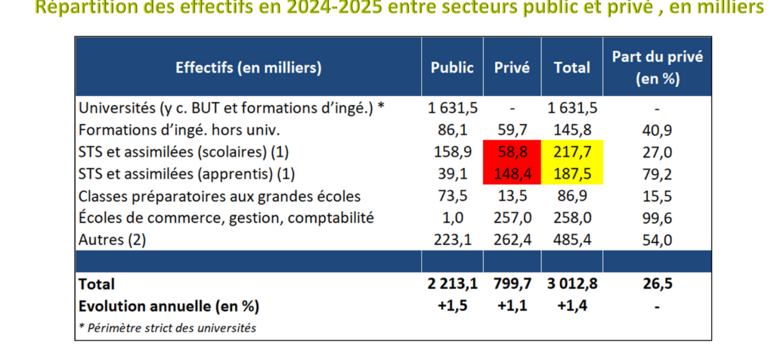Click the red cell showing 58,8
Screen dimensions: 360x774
(x=512, y=151)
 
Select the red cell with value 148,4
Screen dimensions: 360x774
(x=512, y=173)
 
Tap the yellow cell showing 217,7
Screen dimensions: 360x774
(x=572, y=151)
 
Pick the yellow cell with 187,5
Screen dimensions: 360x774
(x=572, y=173)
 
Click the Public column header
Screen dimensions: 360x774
(x=452, y=67)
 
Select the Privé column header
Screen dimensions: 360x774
(x=512, y=67)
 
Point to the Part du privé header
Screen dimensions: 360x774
(x=656, y=67)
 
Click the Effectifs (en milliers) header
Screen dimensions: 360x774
(x=249, y=67)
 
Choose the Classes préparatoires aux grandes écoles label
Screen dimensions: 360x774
(x=219, y=196)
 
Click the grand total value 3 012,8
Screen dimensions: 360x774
(x=572, y=284)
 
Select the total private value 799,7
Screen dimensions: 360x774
(x=512, y=284)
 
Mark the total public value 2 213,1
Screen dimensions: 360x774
(x=452, y=284)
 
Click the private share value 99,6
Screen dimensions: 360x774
(x=656, y=218)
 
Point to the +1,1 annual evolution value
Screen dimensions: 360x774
(x=512, y=306)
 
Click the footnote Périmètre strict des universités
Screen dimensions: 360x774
(x=167, y=327)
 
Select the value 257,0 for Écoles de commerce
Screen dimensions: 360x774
(x=512, y=218)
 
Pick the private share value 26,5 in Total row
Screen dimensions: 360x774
(x=656, y=284)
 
